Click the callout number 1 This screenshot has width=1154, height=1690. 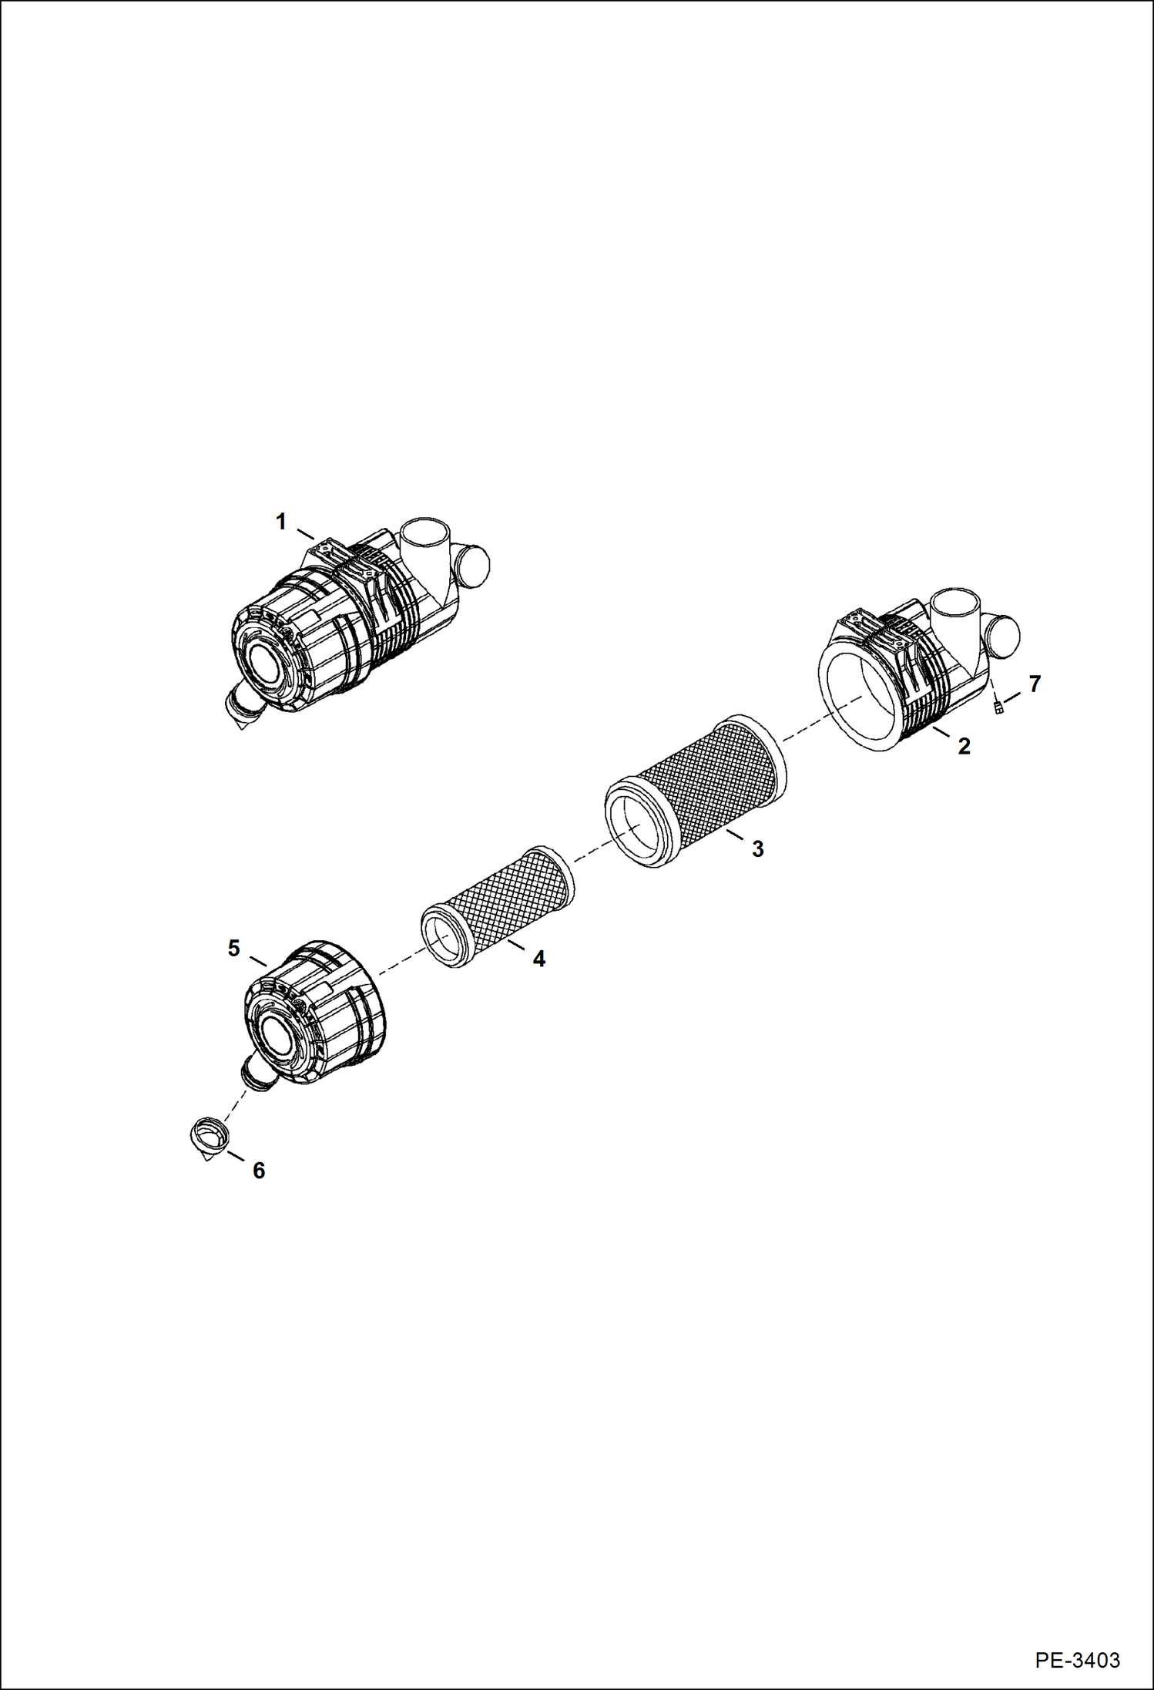(281, 522)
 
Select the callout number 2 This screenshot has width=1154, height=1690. (964, 746)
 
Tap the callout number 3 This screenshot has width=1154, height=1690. (758, 849)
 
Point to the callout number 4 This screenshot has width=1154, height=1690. (538, 959)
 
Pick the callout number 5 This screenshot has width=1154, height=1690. (234, 949)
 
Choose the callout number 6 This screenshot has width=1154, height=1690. (259, 1171)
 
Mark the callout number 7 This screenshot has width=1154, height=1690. (1035, 684)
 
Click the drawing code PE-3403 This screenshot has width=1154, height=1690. (1077, 1659)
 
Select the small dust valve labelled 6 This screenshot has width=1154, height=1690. (208, 1137)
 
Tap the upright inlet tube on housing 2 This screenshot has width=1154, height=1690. (955, 609)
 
